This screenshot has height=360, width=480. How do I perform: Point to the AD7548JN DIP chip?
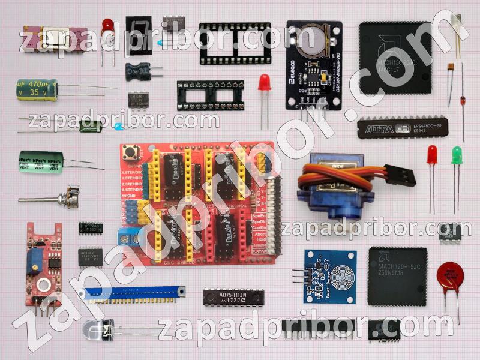point(233,297)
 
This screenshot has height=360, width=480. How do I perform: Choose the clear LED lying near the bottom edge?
point(96,328)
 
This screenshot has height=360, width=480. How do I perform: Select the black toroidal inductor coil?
point(137,71)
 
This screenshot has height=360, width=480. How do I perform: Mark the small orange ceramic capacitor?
point(449,67)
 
